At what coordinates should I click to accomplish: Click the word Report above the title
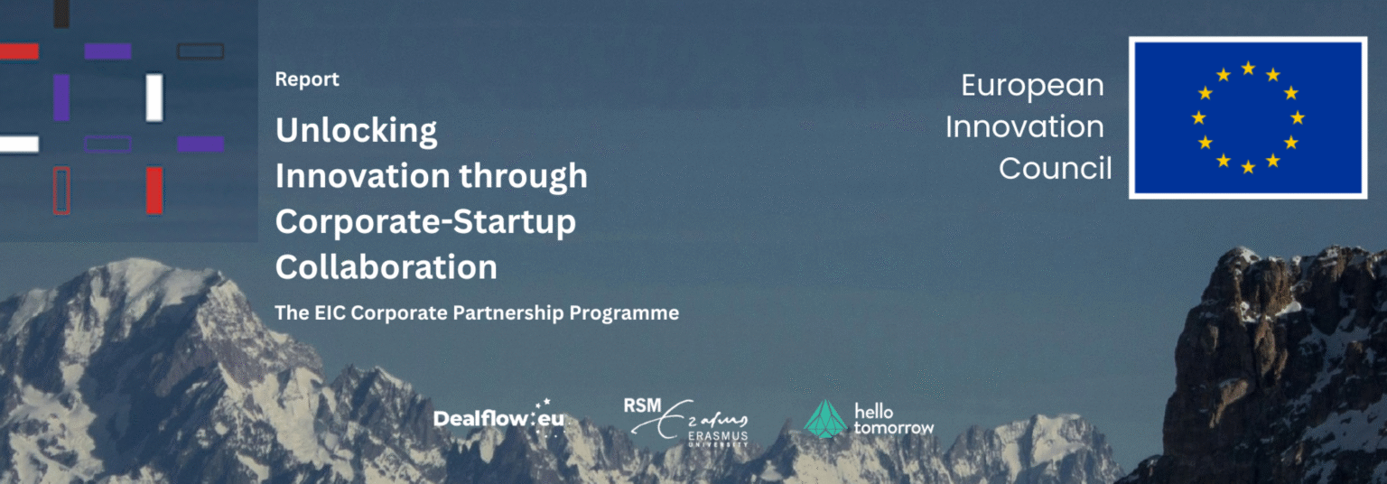[307, 79]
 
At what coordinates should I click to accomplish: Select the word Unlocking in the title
[357, 131]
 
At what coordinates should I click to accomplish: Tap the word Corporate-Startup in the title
[425, 222]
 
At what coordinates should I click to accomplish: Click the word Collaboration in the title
[386, 267]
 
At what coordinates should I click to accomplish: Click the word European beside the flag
[1032, 86]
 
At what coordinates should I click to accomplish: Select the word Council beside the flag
[1055, 168]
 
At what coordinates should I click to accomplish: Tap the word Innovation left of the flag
[1025, 127]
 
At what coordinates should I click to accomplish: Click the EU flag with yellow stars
[1248, 117]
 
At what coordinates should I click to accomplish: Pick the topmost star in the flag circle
[1248, 68]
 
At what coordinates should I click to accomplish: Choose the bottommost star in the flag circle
[1248, 167]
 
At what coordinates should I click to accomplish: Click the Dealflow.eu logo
[499, 418]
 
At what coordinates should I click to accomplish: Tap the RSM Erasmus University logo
[686, 422]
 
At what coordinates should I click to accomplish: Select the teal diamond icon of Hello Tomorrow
[825, 419]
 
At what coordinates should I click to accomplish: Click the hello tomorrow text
[893, 420]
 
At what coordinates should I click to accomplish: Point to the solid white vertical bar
[154, 98]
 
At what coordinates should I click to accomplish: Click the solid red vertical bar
[154, 191]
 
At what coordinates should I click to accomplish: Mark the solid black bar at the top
[61, 14]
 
